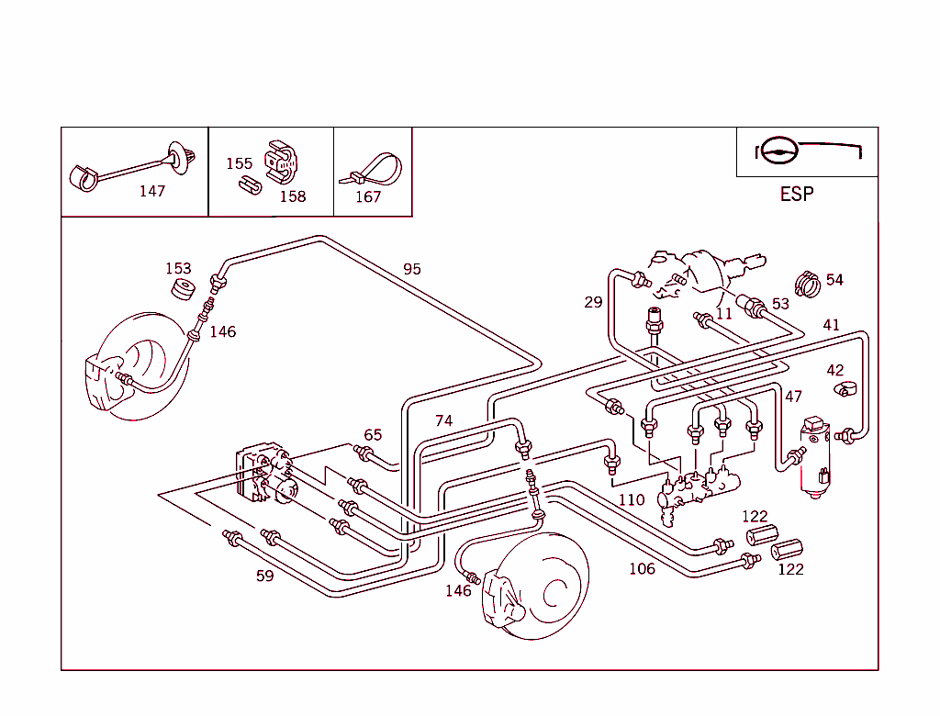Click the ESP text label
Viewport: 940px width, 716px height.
tap(796, 195)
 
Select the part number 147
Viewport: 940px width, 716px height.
tap(151, 191)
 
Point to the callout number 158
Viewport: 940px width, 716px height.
tap(292, 196)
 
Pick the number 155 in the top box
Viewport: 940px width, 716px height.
tap(239, 163)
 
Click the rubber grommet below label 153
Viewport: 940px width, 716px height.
tap(183, 290)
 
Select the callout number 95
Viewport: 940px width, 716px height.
tap(412, 269)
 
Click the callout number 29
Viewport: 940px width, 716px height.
tap(593, 302)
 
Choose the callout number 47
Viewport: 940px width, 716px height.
tap(793, 397)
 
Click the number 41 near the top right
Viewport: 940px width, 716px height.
tap(831, 325)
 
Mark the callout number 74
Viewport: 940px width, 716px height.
tap(443, 420)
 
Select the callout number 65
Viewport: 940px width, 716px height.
tap(372, 435)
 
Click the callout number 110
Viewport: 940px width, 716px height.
tap(631, 500)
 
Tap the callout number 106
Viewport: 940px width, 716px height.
tap(642, 569)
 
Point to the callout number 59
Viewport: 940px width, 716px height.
tap(264, 576)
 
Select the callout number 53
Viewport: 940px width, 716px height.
tap(780, 304)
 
